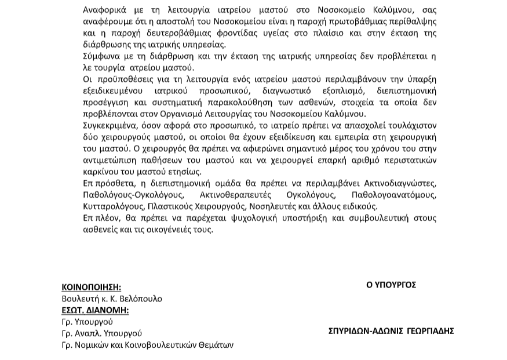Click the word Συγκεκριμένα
[111, 126]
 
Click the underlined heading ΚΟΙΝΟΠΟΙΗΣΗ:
[91, 287]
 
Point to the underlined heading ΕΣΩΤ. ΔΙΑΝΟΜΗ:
[95, 310]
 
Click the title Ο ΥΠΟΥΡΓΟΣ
[391, 285]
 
